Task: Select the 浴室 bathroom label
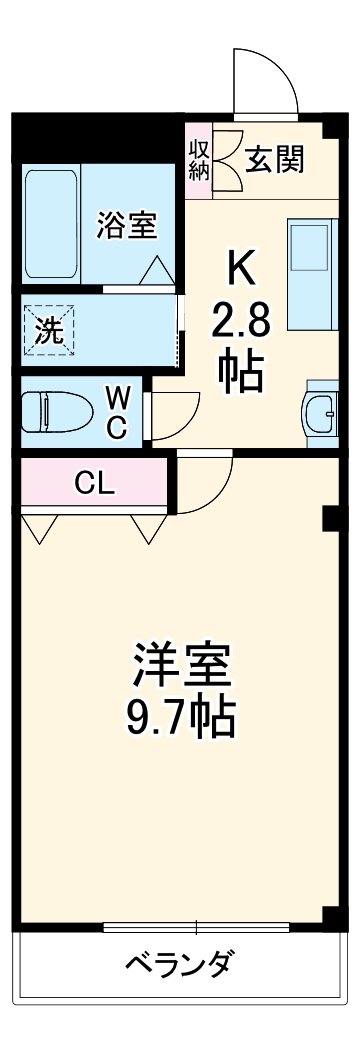pos(126,226)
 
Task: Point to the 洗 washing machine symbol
pos(49,331)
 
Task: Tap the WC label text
pos(116,413)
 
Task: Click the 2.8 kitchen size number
pos(240,322)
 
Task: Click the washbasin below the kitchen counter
pos(321,411)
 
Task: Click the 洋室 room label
pos(183,665)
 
